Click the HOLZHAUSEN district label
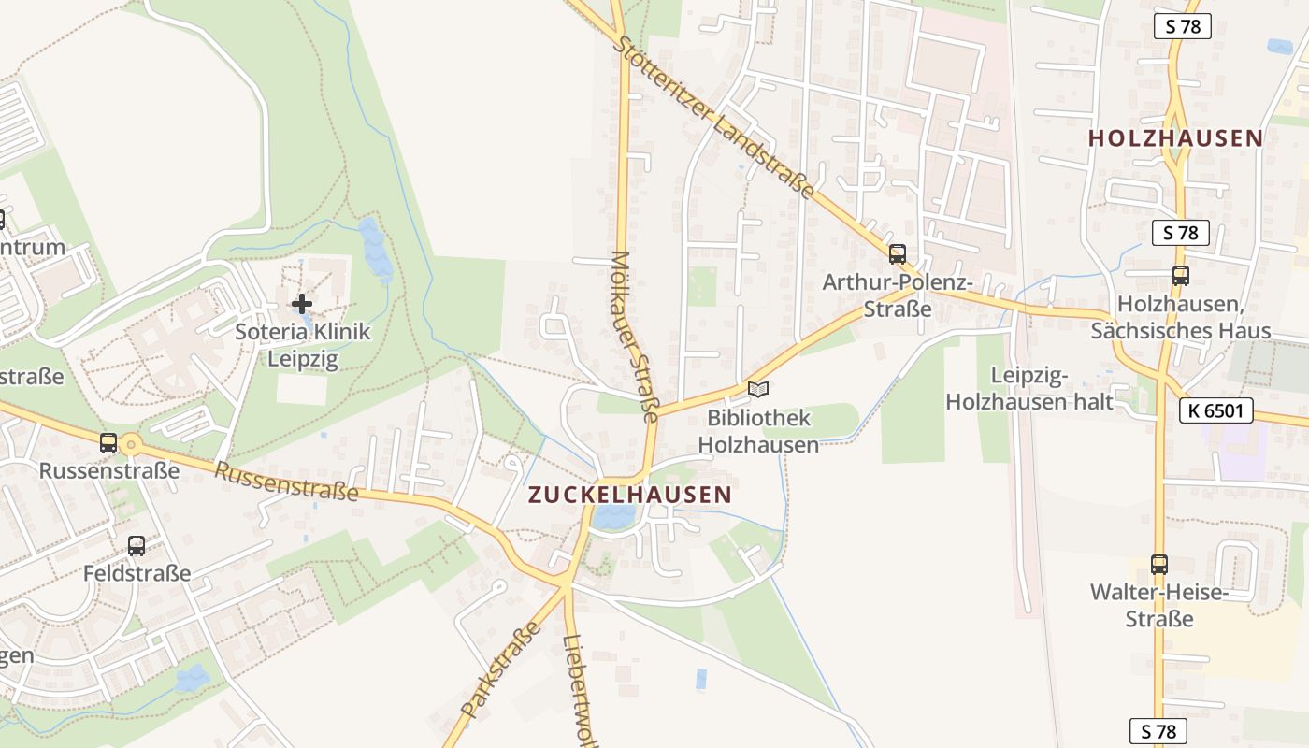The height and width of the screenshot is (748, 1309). tap(1175, 138)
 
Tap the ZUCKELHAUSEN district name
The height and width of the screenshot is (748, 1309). tap(629, 495)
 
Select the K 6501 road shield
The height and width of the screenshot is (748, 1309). tap(1215, 410)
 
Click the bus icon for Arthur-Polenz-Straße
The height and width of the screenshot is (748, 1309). tap(898, 253)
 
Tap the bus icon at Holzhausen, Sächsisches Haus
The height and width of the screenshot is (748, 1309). tap(1180, 275)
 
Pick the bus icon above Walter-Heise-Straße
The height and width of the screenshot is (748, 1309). tap(1159, 564)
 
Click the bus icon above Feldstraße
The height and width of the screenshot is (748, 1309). tap(137, 545)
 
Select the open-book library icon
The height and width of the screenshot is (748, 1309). tap(757, 389)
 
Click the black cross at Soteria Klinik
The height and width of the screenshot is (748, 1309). tap(302, 303)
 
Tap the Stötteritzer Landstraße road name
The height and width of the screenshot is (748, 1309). tap(715, 117)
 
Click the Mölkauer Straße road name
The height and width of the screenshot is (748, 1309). tap(636, 337)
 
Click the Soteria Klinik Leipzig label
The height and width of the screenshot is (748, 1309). tap(302, 345)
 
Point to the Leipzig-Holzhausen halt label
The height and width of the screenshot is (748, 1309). tap(1029, 389)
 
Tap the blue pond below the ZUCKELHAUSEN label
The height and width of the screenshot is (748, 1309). tap(613, 516)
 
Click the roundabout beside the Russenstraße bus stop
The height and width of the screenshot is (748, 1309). tap(131, 445)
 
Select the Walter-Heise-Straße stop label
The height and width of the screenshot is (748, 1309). tap(1158, 605)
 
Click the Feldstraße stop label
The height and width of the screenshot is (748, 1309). tap(137, 573)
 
